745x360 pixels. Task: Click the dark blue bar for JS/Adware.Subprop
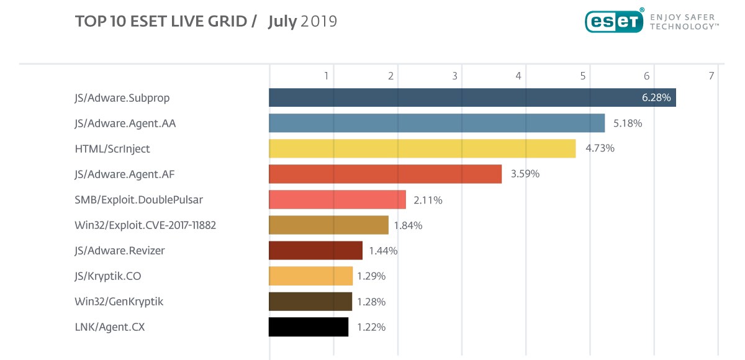[x=472, y=97]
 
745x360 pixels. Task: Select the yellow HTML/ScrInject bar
[x=422, y=148]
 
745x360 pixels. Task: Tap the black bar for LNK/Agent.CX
[x=309, y=326]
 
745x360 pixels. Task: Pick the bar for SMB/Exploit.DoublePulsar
[x=337, y=199]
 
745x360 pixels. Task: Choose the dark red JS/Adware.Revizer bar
[x=315, y=250]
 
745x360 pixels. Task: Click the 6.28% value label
[x=656, y=97]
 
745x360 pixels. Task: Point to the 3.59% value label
[x=525, y=174]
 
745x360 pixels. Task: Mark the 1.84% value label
[x=408, y=225]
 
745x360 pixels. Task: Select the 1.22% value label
[x=371, y=327]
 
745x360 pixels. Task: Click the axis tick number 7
[x=711, y=76]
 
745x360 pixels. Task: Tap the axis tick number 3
[x=455, y=76]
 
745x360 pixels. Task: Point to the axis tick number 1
[x=327, y=76]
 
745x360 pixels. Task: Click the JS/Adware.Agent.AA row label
[x=125, y=124]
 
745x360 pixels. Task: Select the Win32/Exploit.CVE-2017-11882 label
[x=145, y=225]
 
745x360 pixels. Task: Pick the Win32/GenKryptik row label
[x=119, y=302]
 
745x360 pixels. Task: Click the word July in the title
[x=282, y=22]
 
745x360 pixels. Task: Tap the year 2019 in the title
[x=319, y=22]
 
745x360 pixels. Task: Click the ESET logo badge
[x=614, y=20]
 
